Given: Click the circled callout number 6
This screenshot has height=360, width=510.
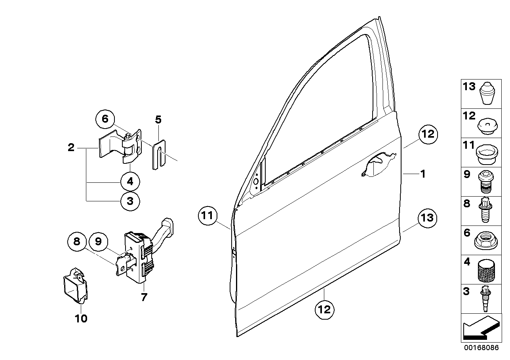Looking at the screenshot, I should tap(105, 119).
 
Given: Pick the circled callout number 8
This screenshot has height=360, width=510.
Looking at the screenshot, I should tap(77, 240).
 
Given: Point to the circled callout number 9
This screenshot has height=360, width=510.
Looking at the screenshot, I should tap(98, 240).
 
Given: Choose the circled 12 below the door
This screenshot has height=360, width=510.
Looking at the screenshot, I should tap(324, 309).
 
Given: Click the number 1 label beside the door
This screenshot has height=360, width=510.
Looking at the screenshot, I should tap(422, 173).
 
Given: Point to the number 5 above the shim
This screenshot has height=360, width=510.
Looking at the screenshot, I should tap(158, 119).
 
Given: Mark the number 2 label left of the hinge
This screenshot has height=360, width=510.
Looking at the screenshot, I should tap(71, 148).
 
